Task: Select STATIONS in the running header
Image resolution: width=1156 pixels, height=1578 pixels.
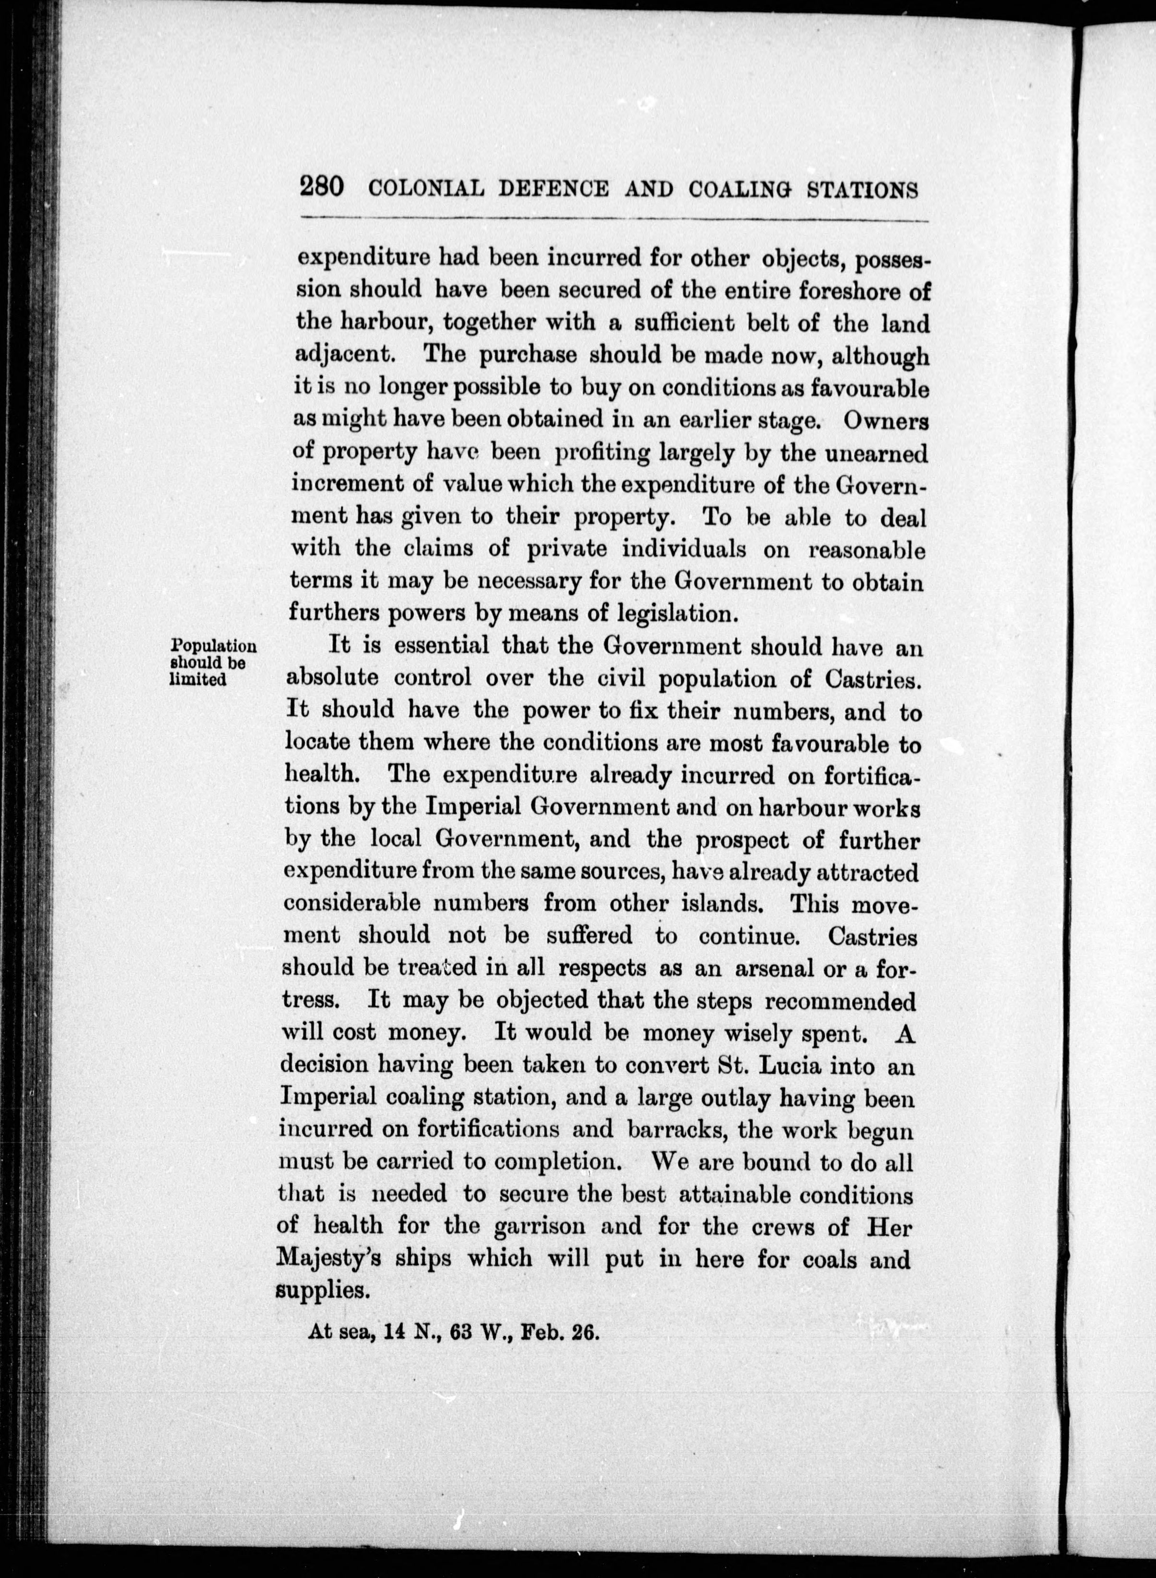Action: click(862, 190)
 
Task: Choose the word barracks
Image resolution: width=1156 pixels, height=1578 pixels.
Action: click(676, 1130)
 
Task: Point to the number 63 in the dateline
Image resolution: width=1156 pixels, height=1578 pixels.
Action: click(464, 1332)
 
